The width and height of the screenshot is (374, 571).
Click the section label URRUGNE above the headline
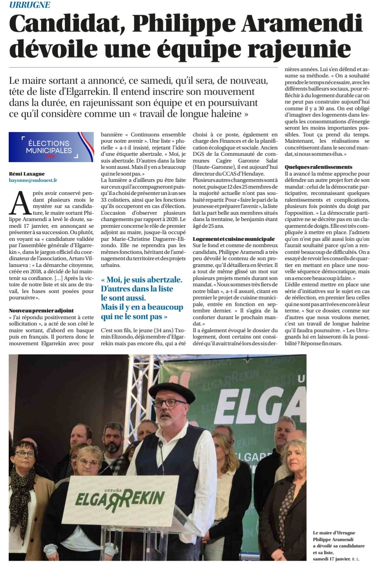30,5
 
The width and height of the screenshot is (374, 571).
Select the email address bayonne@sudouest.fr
33,180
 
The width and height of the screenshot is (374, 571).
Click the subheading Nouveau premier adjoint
41,310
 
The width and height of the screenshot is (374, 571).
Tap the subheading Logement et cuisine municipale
234,239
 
